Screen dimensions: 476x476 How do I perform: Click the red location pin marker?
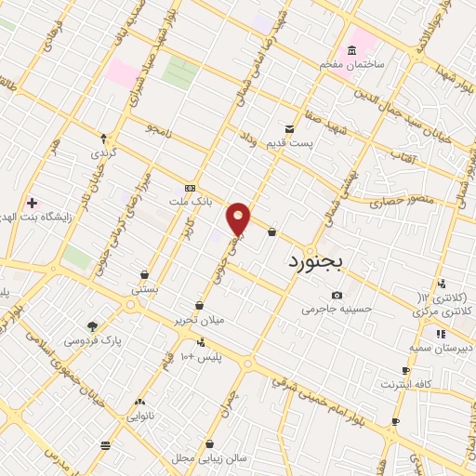pos(239,218)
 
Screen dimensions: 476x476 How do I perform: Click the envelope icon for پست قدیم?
pos(289,129)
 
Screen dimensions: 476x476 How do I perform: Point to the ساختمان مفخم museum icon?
pos(351,49)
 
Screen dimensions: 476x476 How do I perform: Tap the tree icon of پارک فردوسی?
pos(92,326)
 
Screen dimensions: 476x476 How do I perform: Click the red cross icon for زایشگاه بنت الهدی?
pos(32,202)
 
